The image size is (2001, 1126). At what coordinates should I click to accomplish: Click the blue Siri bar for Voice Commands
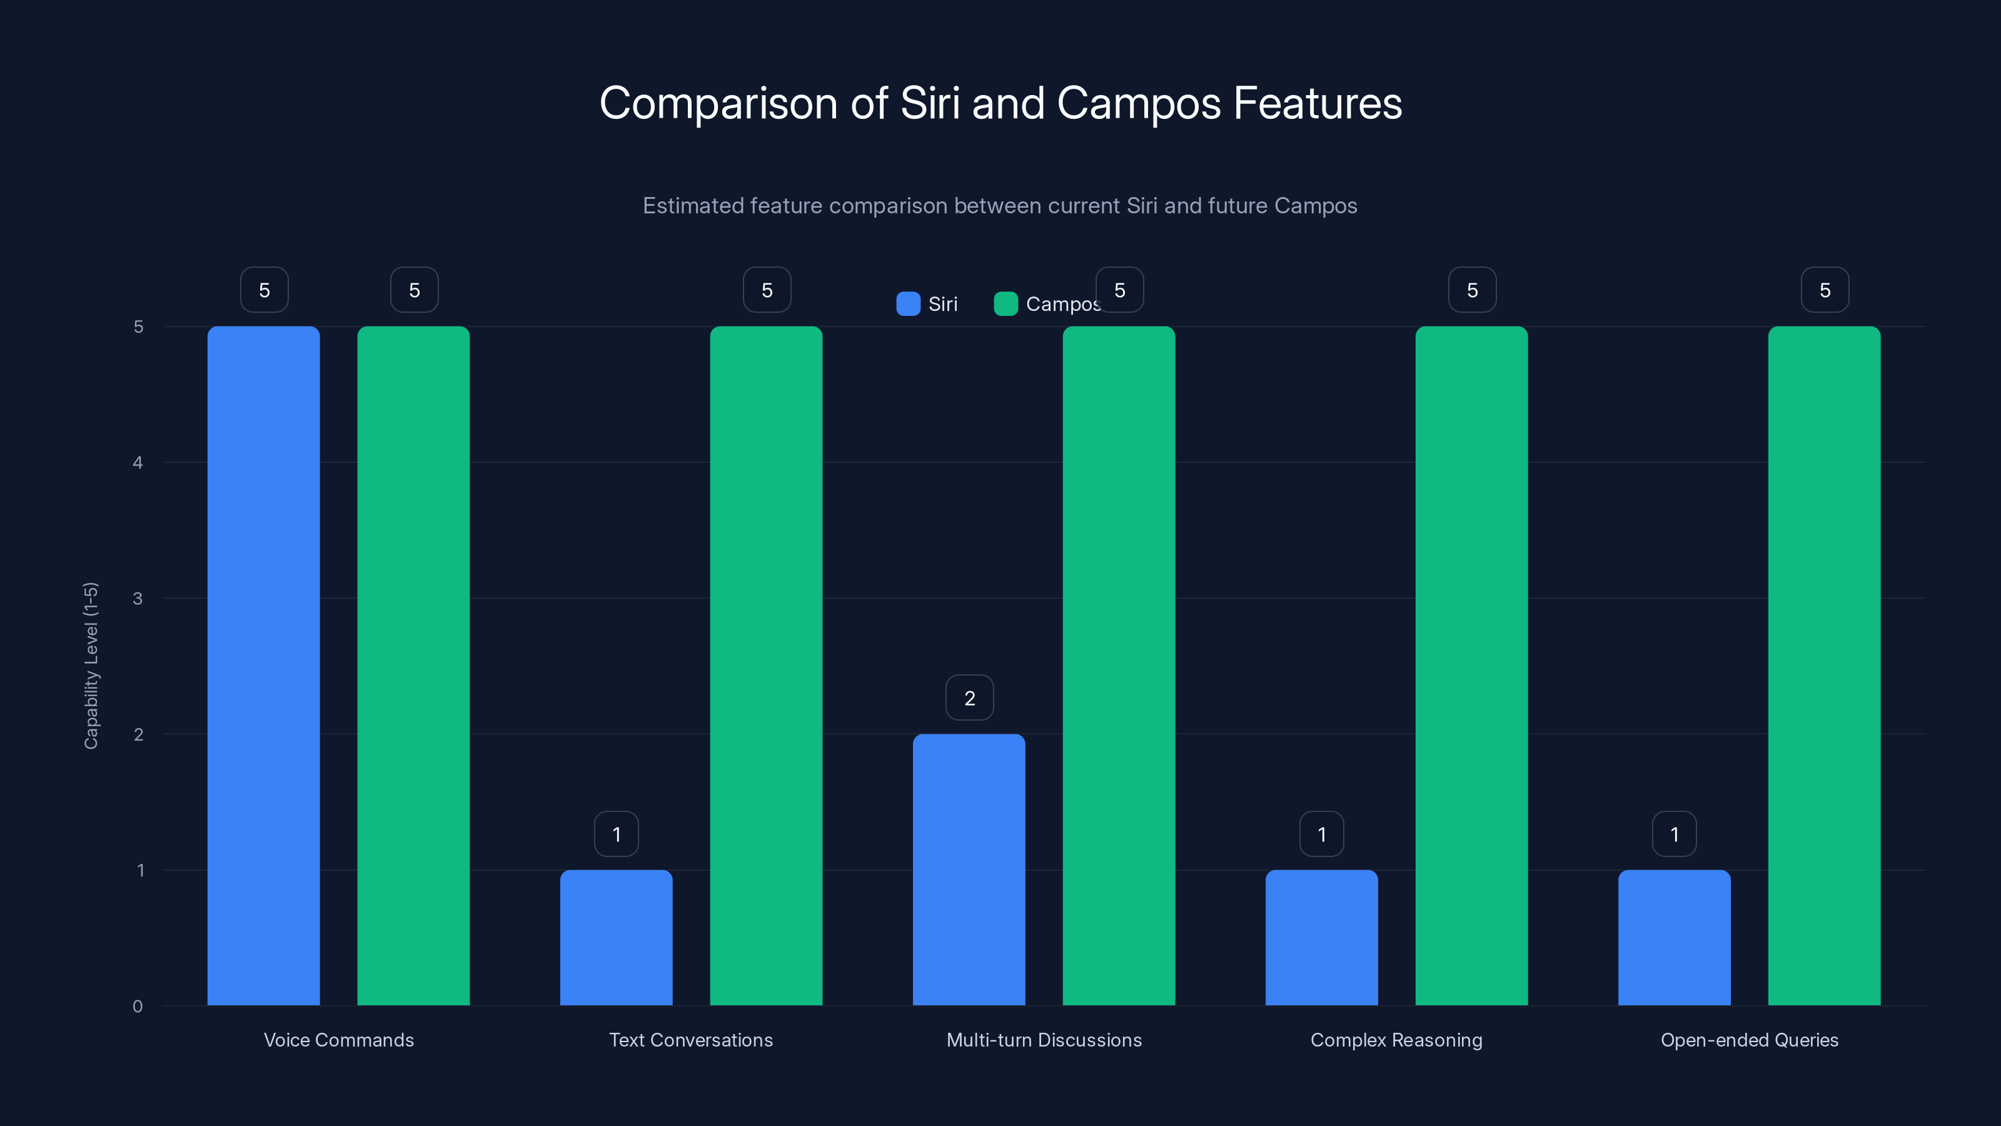coord(263,665)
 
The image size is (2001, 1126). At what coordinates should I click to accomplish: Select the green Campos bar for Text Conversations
coord(766,665)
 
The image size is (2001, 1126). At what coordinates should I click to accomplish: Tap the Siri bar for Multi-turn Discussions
coord(969,869)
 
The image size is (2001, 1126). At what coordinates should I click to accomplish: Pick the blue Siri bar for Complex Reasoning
coord(1321,937)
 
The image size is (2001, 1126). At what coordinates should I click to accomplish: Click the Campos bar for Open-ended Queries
coord(1824,665)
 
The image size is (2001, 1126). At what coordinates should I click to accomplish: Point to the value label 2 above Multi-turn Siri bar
coord(969,698)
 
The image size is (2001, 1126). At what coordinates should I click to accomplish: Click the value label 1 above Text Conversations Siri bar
coord(617,834)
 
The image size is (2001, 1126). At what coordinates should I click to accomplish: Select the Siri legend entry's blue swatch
coord(908,304)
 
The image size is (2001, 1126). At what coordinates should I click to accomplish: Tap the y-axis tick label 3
coord(138,599)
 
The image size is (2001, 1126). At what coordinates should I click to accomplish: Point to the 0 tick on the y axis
coord(138,1007)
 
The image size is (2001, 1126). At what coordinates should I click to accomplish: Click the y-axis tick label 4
coord(138,462)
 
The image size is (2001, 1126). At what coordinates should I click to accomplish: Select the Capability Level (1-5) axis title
coord(91,665)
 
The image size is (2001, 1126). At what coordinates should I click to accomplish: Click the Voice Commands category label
coord(339,1040)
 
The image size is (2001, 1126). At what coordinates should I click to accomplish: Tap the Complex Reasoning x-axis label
coord(1396,1040)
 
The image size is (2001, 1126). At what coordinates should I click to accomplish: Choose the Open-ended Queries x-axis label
coord(1750,1040)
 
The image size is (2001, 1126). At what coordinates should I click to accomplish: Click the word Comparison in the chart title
coord(718,103)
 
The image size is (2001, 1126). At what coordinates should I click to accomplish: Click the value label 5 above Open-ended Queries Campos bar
coord(1825,290)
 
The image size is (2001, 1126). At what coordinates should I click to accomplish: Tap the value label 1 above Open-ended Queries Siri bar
coord(1675,834)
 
